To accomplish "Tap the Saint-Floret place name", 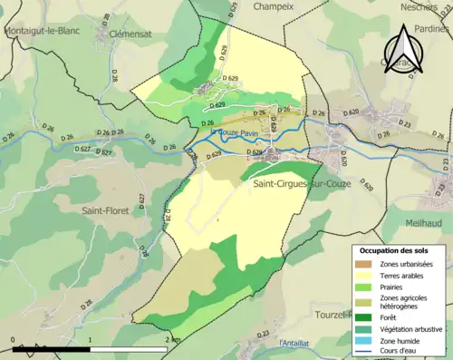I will click(106, 210).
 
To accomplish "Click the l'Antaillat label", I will click(299, 342).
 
